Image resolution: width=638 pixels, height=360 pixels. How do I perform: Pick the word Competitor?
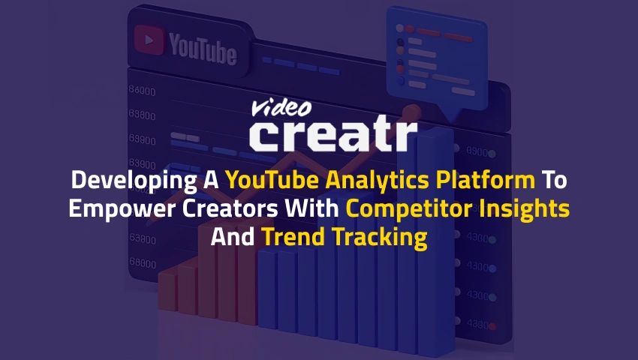(404, 209)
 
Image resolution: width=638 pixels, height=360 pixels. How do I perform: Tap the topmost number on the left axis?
(142, 91)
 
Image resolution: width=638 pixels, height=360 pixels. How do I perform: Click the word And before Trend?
(233, 238)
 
